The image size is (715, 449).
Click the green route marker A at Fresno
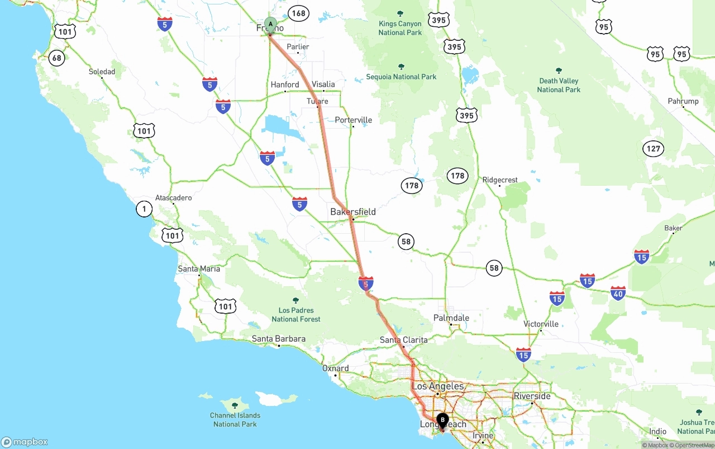pyautogui.click(x=270, y=25)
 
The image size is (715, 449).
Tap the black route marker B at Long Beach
pyautogui.click(x=442, y=420)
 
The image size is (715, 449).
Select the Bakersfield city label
pyautogui.click(x=353, y=212)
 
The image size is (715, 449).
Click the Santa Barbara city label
pyautogui.click(x=279, y=339)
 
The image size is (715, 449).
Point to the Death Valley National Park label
pyautogui.click(x=559, y=85)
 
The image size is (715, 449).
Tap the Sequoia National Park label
pyautogui.click(x=401, y=77)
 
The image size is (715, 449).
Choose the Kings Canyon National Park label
pyautogui.click(x=400, y=28)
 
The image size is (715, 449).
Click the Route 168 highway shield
pyautogui.click(x=299, y=13)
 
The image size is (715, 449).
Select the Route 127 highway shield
pyautogui.click(x=653, y=149)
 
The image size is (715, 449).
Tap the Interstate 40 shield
pyautogui.click(x=618, y=293)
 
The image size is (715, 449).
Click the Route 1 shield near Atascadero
pyautogui.click(x=144, y=209)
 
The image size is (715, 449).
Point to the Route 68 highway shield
pyautogui.click(x=56, y=58)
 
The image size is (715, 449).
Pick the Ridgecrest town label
pyautogui.click(x=500, y=180)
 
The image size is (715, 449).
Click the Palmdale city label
pyautogui.click(x=451, y=318)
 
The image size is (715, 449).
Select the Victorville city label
pyautogui.click(x=541, y=324)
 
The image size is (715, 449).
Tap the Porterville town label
pyautogui.click(x=354, y=120)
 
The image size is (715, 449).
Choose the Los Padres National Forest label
pyautogui.click(x=296, y=314)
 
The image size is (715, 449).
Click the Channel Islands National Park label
pyautogui.click(x=235, y=419)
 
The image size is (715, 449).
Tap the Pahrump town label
pyautogui.click(x=683, y=101)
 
